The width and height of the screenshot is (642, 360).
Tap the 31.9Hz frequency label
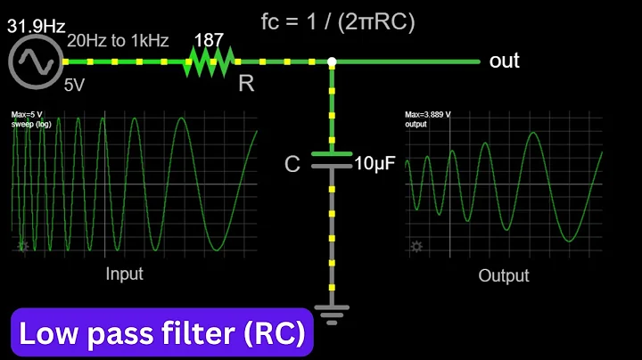(x=37, y=27)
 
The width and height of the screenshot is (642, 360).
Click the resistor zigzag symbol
(x=210, y=61)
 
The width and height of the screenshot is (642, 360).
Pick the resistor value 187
(x=210, y=41)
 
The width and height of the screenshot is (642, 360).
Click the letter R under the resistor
(x=245, y=85)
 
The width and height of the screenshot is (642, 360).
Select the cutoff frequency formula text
(x=339, y=21)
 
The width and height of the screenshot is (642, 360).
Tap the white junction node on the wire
(x=332, y=61)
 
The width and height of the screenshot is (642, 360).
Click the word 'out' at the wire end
(x=504, y=61)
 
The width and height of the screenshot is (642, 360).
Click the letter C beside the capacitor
(x=292, y=164)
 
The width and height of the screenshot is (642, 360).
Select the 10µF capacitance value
(x=374, y=164)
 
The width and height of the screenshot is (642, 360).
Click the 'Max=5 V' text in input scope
(x=28, y=115)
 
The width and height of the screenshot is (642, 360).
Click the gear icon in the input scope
(x=22, y=246)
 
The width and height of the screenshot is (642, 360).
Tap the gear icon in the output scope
(x=416, y=246)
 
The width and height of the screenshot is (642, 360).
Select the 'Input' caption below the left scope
(x=124, y=274)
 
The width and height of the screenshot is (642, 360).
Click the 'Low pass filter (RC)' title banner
(x=161, y=334)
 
